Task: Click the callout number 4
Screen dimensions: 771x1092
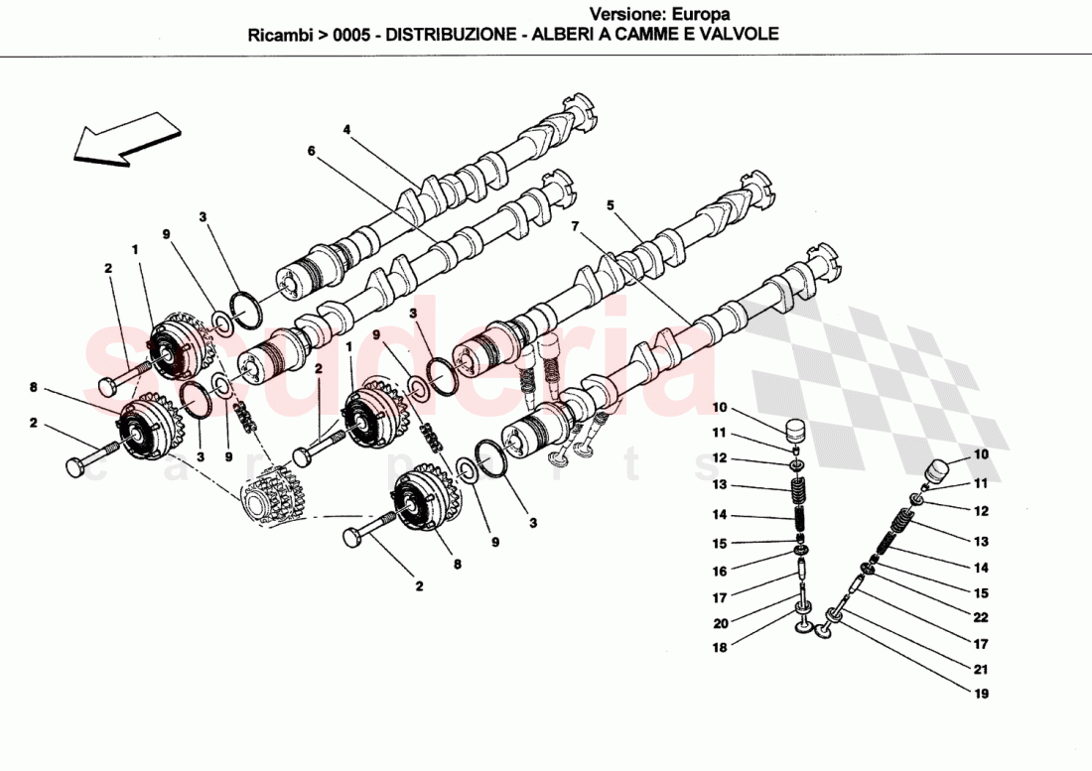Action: pyautogui.click(x=347, y=129)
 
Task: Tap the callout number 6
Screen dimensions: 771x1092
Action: pyautogui.click(x=311, y=151)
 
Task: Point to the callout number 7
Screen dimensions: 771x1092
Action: pyautogui.click(x=575, y=227)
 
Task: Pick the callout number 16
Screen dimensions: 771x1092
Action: pyautogui.click(x=720, y=571)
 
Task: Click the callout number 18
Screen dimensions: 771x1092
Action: pyautogui.click(x=720, y=647)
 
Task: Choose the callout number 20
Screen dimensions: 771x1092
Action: pyautogui.click(x=720, y=623)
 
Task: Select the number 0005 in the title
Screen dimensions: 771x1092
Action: pyautogui.click(x=352, y=33)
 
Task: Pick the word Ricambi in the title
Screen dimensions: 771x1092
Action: pyautogui.click(x=281, y=33)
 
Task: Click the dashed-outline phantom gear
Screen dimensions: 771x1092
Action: pyautogui.click(x=271, y=496)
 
